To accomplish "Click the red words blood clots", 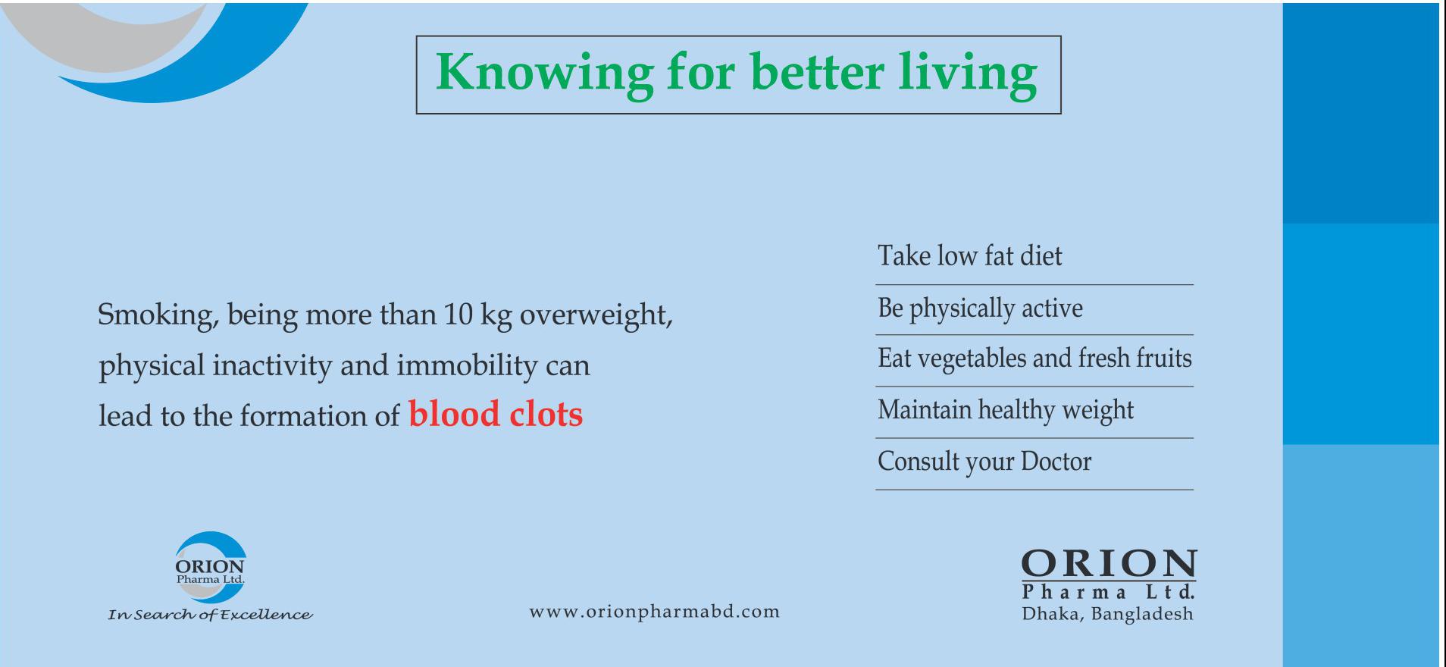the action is click(x=496, y=414).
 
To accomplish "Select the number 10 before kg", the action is click(x=458, y=314).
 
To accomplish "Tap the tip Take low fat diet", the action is click(x=970, y=255).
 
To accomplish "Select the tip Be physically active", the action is click(x=980, y=308).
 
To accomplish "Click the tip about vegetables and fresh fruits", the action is click(x=1034, y=358).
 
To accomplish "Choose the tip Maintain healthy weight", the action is click(x=1006, y=410).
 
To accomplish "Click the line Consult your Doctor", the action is click(x=984, y=462).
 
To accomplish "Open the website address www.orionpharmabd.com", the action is click(x=654, y=612).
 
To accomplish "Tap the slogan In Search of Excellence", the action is click(x=210, y=615).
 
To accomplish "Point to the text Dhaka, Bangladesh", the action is click(x=1107, y=615).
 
